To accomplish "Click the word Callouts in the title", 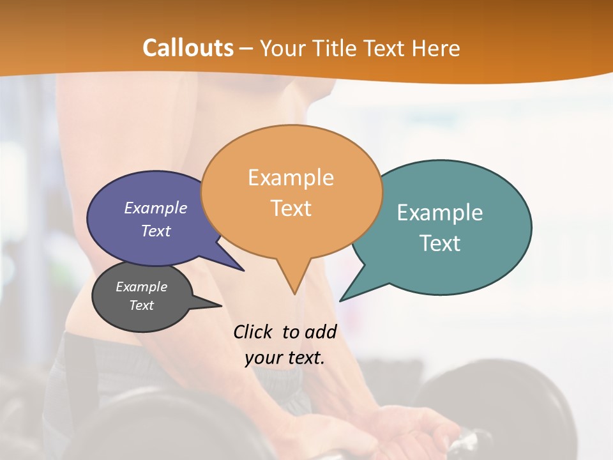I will (x=188, y=48).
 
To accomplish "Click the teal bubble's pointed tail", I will (x=345, y=297).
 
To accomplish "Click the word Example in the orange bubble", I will (x=291, y=178).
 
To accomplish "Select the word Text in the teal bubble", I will (x=440, y=243).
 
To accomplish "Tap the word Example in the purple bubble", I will (x=155, y=208).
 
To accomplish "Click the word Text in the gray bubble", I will (x=141, y=305).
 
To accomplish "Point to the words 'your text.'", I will (x=285, y=358).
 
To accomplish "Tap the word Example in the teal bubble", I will (x=440, y=213).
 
